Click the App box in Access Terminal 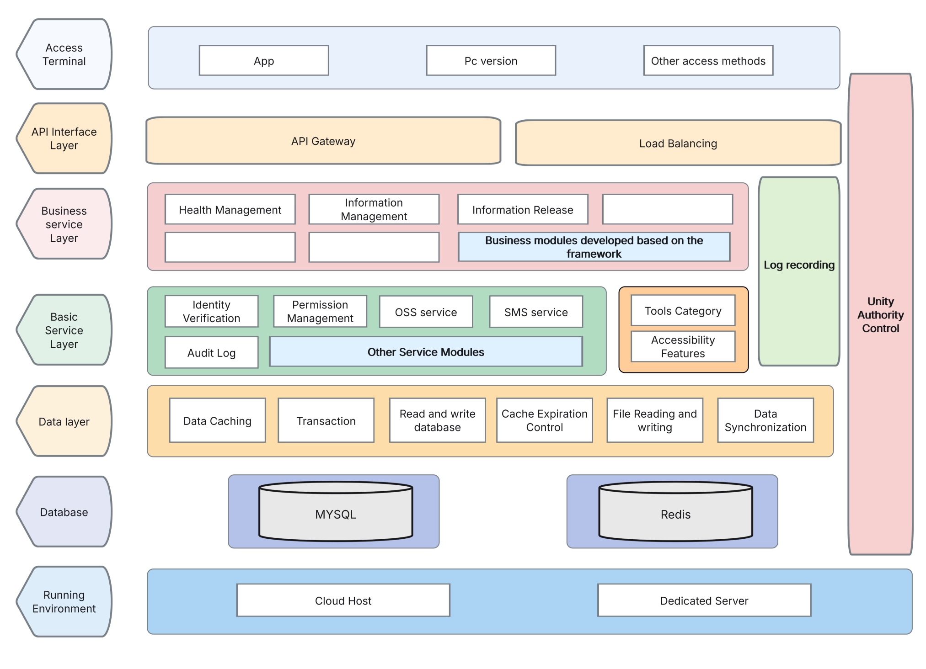[x=264, y=60]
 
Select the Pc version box [x=491, y=60]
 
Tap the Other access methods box [x=708, y=60]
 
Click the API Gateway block [x=323, y=141]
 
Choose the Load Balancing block [x=678, y=143]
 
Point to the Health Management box [x=230, y=209]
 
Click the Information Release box [x=523, y=209]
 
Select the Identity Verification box [x=211, y=311]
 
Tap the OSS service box [x=426, y=312]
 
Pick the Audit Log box [x=211, y=352]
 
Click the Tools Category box [x=683, y=310]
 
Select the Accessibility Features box [x=683, y=346]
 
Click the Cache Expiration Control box [x=544, y=420]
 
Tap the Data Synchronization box [x=765, y=420]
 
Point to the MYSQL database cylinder [x=336, y=514]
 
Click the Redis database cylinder [x=675, y=514]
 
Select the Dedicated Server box [x=704, y=600]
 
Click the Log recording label [x=799, y=265]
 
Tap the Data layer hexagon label [x=64, y=421]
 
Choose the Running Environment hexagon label [x=64, y=601]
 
